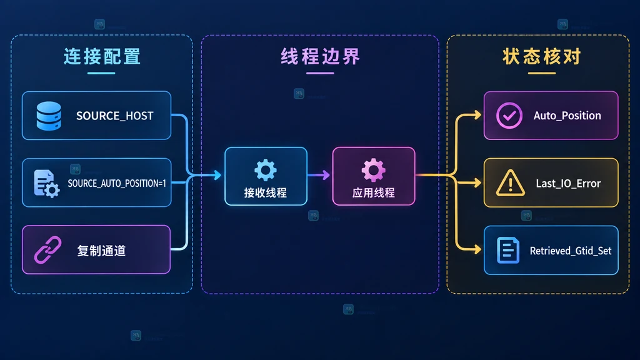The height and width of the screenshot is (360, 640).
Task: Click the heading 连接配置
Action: pyautogui.click(x=102, y=57)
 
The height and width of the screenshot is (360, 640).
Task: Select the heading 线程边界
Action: pyautogui.click(x=321, y=57)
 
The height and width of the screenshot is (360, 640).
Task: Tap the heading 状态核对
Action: pyautogui.click(x=542, y=57)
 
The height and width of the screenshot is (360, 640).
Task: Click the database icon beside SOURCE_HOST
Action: pyautogui.click(x=49, y=116)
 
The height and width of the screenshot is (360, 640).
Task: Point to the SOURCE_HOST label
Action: pyautogui.click(x=115, y=116)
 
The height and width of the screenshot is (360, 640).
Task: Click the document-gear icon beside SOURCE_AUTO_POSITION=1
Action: pyautogui.click(x=46, y=184)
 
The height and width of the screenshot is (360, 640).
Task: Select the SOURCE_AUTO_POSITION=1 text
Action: pyautogui.click(x=117, y=183)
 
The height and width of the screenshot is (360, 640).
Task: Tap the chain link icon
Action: pyautogui.click(x=47, y=250)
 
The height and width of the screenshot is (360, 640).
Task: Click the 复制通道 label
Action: pyautogui.click(x=101, y=251)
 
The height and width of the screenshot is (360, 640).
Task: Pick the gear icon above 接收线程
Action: pyautogui.click(x=266, y=170)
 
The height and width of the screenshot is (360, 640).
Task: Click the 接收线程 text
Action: pyautogui.click(x=265, y=192)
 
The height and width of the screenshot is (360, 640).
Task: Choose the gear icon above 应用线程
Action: pyautogui.click(x=374, y=170)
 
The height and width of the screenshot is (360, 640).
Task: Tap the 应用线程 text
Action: pyautogui.click(x=374, y=192)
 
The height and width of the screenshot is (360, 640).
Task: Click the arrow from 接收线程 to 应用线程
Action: pyautogui.click(x=318, y=175)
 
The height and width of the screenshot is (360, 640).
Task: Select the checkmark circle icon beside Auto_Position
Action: pyautogui.click(x=509, y=116)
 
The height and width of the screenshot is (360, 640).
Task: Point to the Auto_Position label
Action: pyautogui.click(x=567, y=116)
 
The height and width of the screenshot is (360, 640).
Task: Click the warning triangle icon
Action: pyautogui.click(x=510, y=183)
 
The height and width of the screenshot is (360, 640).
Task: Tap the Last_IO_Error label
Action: pyautogui.click(x=568, y=184)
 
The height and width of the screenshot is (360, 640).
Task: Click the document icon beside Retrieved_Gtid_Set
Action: pyautogui.click(x=508, y=250)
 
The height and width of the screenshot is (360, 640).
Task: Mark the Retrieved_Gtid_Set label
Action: pyautogui.click(x=571, y=251)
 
